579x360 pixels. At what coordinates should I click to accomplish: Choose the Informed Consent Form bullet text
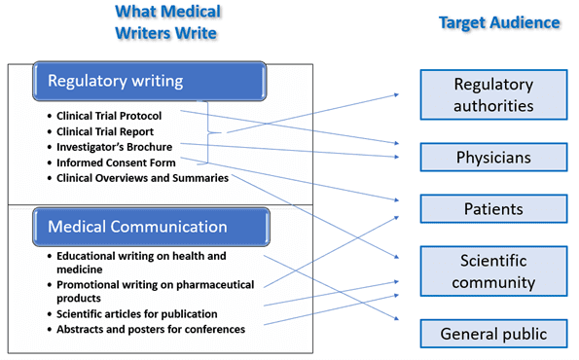[x=116, y=162]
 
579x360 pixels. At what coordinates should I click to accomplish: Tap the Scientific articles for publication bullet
[x=136, y=313]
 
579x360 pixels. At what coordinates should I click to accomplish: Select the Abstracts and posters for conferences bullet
[x=150, y=329]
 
